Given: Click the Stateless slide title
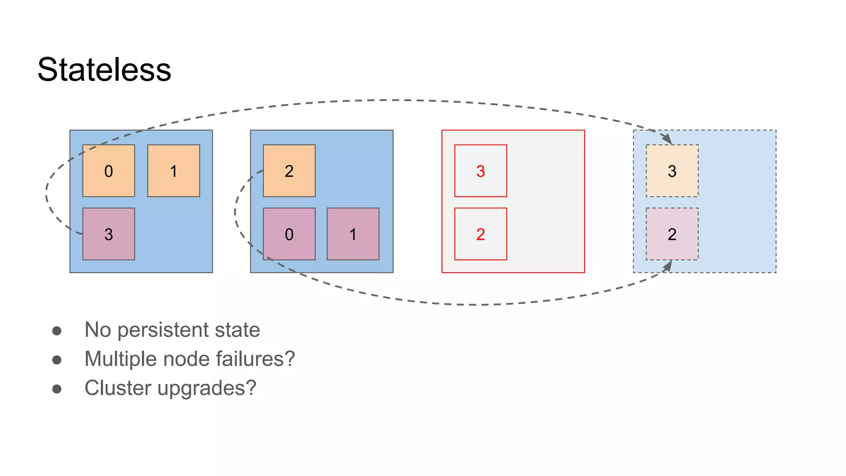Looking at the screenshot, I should [104, 69].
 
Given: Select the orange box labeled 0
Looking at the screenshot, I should [109, 171].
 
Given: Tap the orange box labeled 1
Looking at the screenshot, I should [173, 171].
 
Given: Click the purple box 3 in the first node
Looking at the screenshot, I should [109, 234].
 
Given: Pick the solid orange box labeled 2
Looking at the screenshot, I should [289, 171].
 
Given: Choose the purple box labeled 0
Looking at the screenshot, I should [289, 234].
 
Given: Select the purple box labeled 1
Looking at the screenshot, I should [353, 234].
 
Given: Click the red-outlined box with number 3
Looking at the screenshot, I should [480, 171].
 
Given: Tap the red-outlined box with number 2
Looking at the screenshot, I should [480, 234].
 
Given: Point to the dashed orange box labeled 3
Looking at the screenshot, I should [672, 171].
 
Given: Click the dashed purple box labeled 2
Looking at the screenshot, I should [672, 234].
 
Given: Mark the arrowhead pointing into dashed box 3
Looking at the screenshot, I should [667, 139].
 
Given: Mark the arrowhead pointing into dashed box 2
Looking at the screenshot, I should [667, 266].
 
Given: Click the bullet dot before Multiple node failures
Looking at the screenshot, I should [57, 360].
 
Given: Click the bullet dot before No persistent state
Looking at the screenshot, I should [57, 331].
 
